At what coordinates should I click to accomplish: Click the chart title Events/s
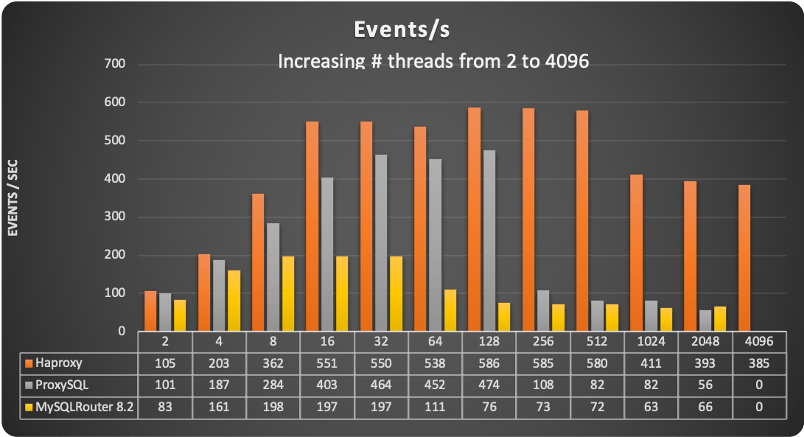click(x=402, y=30)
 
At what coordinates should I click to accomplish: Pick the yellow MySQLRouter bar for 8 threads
click(x=287, y=293)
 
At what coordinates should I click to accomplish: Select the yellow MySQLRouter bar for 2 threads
click(x=180, y=315)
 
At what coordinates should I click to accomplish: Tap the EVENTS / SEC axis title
click(x=13, y=197)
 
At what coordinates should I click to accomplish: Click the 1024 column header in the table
click(x=651, y=343)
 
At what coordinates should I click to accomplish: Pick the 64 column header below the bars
click(x=435, y=343)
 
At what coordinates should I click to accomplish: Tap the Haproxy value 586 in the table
click(x=489, y=363)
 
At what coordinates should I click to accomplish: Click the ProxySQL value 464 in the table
click(x=381, y=384)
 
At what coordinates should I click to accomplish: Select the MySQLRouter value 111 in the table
click(x=435, y=405)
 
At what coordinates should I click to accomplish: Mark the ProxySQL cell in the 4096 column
click(x=758, y=384)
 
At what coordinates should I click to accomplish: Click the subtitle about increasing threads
click(x=433, y=61)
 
